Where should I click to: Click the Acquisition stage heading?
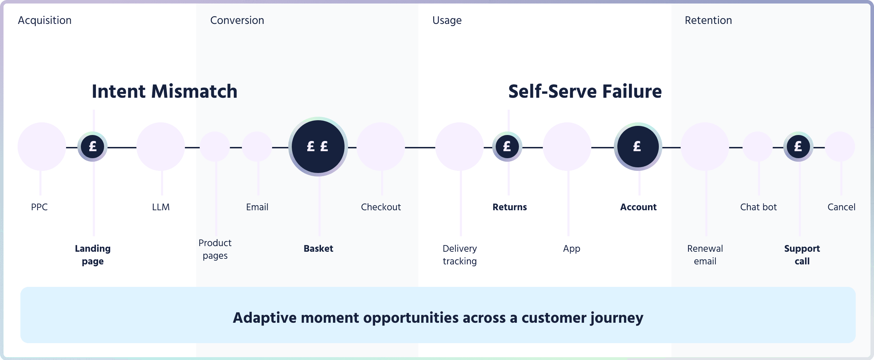pyautogui.click(x=45, y=20)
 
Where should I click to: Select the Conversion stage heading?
pyautogui.click(x=237, y=20)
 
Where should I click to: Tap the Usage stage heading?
pyautogui.click(x=447, y=20)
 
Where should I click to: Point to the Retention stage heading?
pyautogui.click(x=708, y=20)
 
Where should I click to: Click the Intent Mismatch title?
pyautogui.click(x=165, y=91)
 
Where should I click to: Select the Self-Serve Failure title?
pyautogui.click(x=585, y=91)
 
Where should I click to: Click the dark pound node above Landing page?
pyautogui.click(x=92, y=147)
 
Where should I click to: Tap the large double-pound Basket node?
pyautogui.click(x=318, y=147)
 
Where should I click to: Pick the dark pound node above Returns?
pyautogui.click(x=507, y=147)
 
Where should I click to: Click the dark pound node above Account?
pyautogui.click(x=638, y=147)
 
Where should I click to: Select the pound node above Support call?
pyautogui.click(x=798, y=147)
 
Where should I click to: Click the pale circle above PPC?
pyautogui.click(x=41, y=147)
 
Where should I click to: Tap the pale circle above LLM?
pyautogui.click(x=161, y=147)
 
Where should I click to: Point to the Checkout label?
pyautogui.click(x=381, y=207)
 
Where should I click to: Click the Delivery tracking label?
pyautogui.click(x=460, y=255)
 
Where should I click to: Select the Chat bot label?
pyautogui.click(x=758, y=207)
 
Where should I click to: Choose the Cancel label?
pyautogui.click(x=841, y=207)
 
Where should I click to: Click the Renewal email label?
pyautogui.click(x=705, y=255)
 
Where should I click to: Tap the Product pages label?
pyautogui.click(x=215, y=249)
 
